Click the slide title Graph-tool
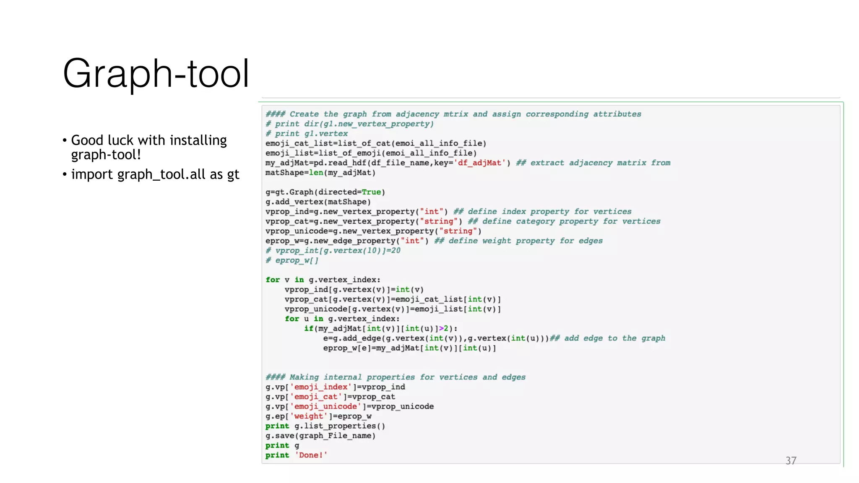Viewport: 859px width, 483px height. (x=156, y=73)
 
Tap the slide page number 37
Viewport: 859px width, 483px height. (x=791, y=461)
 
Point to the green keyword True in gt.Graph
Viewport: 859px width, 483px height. (x=371, y=192)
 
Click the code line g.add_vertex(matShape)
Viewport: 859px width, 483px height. (x=318, y=202)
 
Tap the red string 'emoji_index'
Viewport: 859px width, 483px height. (x=320, y=387)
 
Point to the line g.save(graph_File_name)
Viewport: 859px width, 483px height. (x=320, y=436)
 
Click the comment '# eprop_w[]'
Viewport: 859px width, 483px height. (x=292, y=260)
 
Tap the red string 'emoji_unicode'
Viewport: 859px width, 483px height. (x=325, y=407)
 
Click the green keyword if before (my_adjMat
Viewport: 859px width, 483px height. (x=308, y=329)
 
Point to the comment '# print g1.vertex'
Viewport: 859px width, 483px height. (x=307, y=134)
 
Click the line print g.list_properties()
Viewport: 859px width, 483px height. (x=325, y=426)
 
